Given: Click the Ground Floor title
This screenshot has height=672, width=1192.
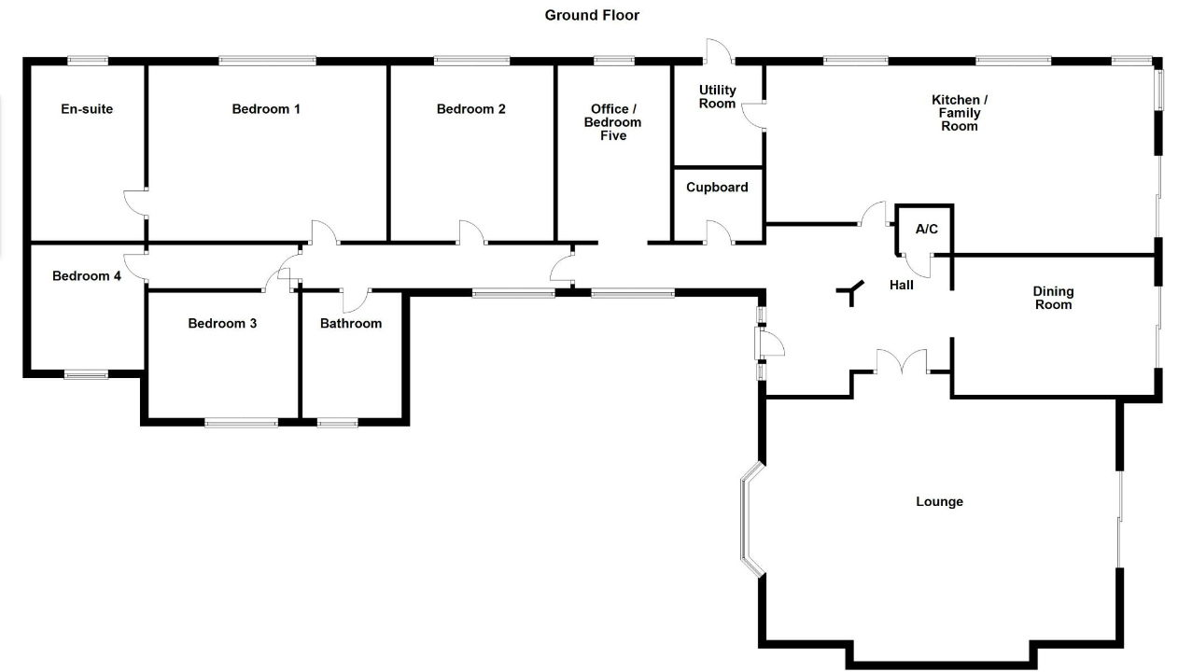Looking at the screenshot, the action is pos(592,15).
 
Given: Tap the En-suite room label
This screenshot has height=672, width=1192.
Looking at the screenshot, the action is pos(87,109).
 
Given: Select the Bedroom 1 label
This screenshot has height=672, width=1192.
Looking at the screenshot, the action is pos(266,109).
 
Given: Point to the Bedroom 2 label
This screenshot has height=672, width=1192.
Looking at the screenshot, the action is pos(470,109).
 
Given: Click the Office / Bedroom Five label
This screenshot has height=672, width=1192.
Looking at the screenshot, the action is pos(612,122).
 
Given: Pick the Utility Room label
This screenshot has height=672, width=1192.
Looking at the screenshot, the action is pos(717,96).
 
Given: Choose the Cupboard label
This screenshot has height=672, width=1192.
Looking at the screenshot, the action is pos(717,188).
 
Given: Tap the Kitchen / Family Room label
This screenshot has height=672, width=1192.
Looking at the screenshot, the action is pos(960,113).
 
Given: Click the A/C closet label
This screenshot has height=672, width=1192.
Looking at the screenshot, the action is pos(926,229).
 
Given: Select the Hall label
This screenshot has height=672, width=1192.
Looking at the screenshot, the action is pos(901,285).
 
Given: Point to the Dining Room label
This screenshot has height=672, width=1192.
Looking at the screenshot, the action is pos(1053,298).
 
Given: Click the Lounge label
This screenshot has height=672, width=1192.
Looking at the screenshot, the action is pos(939,502).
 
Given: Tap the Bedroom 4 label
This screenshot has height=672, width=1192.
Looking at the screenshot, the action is pos(87,276).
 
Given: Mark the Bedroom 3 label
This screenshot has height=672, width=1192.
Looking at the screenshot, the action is pos(222,324).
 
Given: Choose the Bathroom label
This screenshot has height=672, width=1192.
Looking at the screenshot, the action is pos(351,324).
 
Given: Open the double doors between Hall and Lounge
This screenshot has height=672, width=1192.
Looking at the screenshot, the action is pos(902,362).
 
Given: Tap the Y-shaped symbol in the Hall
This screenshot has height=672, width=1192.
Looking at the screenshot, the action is pos(851,296).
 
